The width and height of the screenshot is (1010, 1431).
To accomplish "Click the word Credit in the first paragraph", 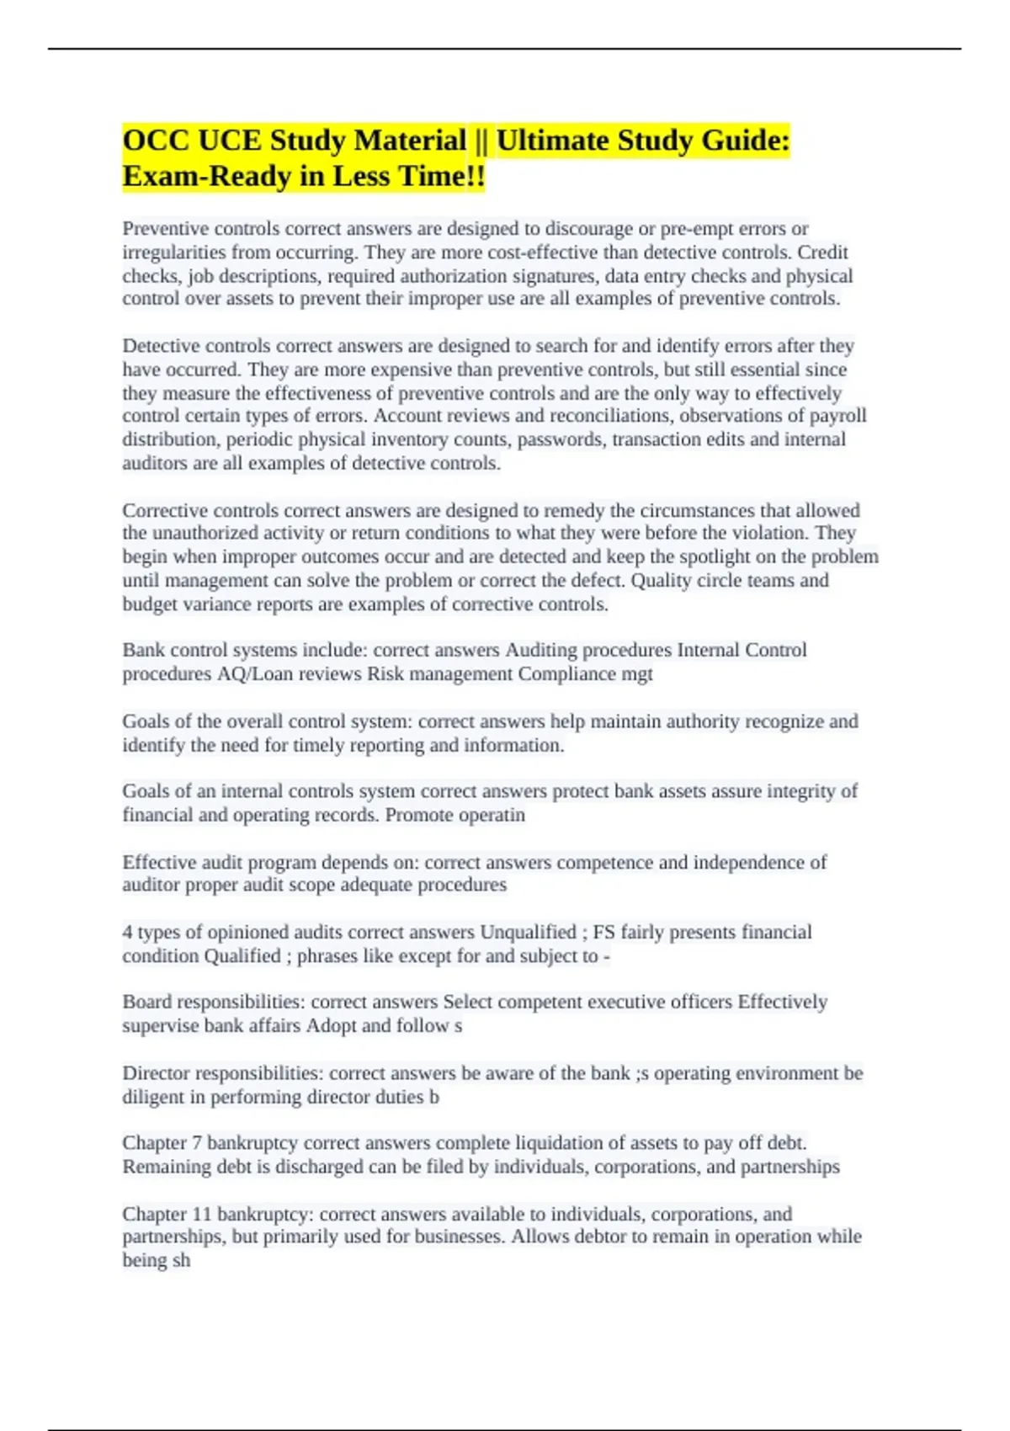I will coord(822,253).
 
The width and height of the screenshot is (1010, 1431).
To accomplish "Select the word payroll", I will coord(837,416).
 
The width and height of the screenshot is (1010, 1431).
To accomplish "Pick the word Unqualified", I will coord(528,933).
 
